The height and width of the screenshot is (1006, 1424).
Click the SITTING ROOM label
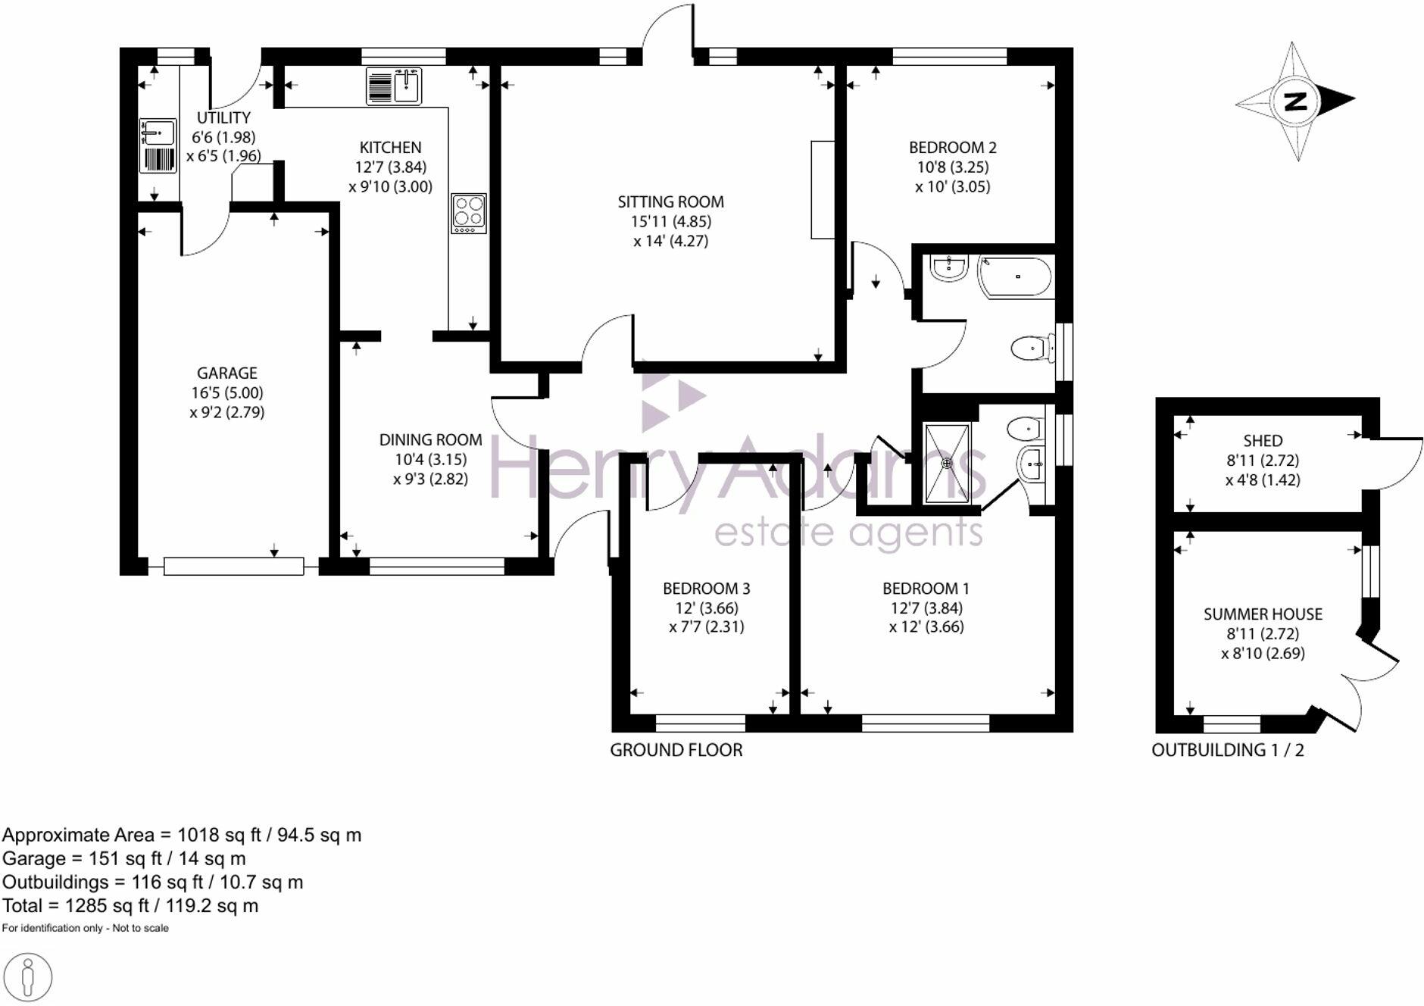coord(670,202)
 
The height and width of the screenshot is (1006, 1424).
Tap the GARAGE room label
coord(226,373)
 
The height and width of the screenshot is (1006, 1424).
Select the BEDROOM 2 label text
coord(952,147)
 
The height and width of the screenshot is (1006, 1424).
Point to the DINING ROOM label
coord(430,439)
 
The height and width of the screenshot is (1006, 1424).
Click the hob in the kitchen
coord(468,214)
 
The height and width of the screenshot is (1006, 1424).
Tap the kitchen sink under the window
coord(394,86)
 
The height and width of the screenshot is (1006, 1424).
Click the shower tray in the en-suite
coord(947,463)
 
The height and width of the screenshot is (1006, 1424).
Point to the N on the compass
coord(1296,101)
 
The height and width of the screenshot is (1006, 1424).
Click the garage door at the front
coord(233,566)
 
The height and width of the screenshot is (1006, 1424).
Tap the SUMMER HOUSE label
coord(1263,614)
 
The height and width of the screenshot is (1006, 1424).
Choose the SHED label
coord(1263,441)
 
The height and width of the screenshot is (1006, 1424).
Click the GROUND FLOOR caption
coord(676,750)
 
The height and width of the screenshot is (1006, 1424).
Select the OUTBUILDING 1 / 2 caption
coord(1227,750)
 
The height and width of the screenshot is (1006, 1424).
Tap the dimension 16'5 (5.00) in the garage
coord(226,392)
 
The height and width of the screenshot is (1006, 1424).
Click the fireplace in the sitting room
coord(823,189)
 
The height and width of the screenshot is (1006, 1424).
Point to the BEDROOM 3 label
coord(706,589)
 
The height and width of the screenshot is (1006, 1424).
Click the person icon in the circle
coord(28,977)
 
